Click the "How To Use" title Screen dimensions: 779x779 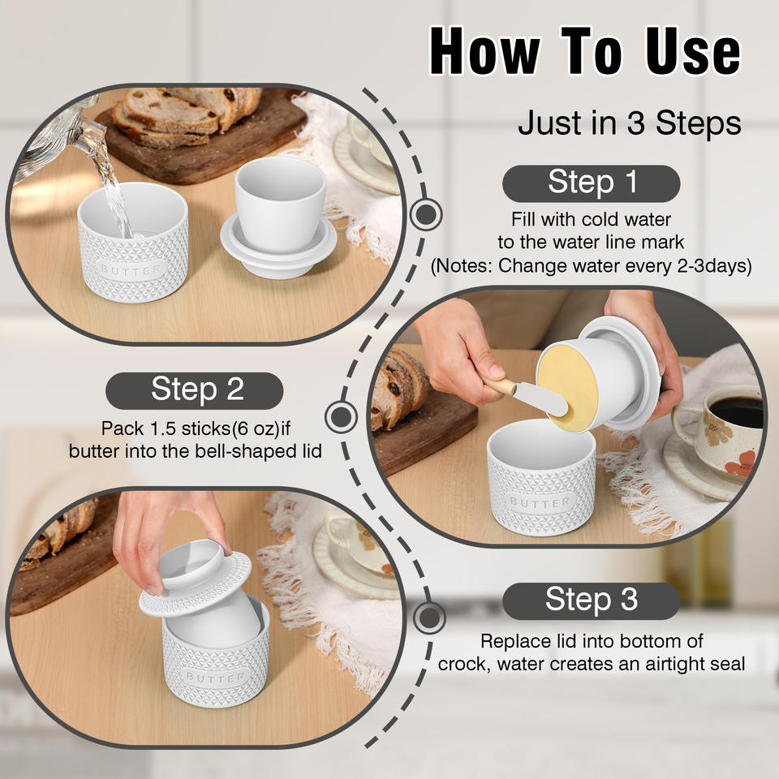click(x=585, y=50)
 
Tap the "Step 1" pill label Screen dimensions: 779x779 click(x=591, y=183)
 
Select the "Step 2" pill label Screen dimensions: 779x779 click(x=195, y=390)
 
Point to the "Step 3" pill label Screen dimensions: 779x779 click(x=591, y=601)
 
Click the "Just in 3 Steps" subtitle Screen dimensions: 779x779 click(x=630, y=123)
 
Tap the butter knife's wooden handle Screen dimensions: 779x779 click(x=497, y=384)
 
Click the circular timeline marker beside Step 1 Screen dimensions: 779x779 click(x=426, y=214)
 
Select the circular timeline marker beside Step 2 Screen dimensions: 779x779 click(x=341, y=416)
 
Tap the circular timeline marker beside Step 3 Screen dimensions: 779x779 click(x=429, y=618)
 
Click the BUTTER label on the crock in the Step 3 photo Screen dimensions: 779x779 click(x=216, y=677)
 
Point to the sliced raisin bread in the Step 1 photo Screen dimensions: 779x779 click(x=187, y=117)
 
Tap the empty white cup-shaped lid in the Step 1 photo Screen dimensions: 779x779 click(x=280, y=217)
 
